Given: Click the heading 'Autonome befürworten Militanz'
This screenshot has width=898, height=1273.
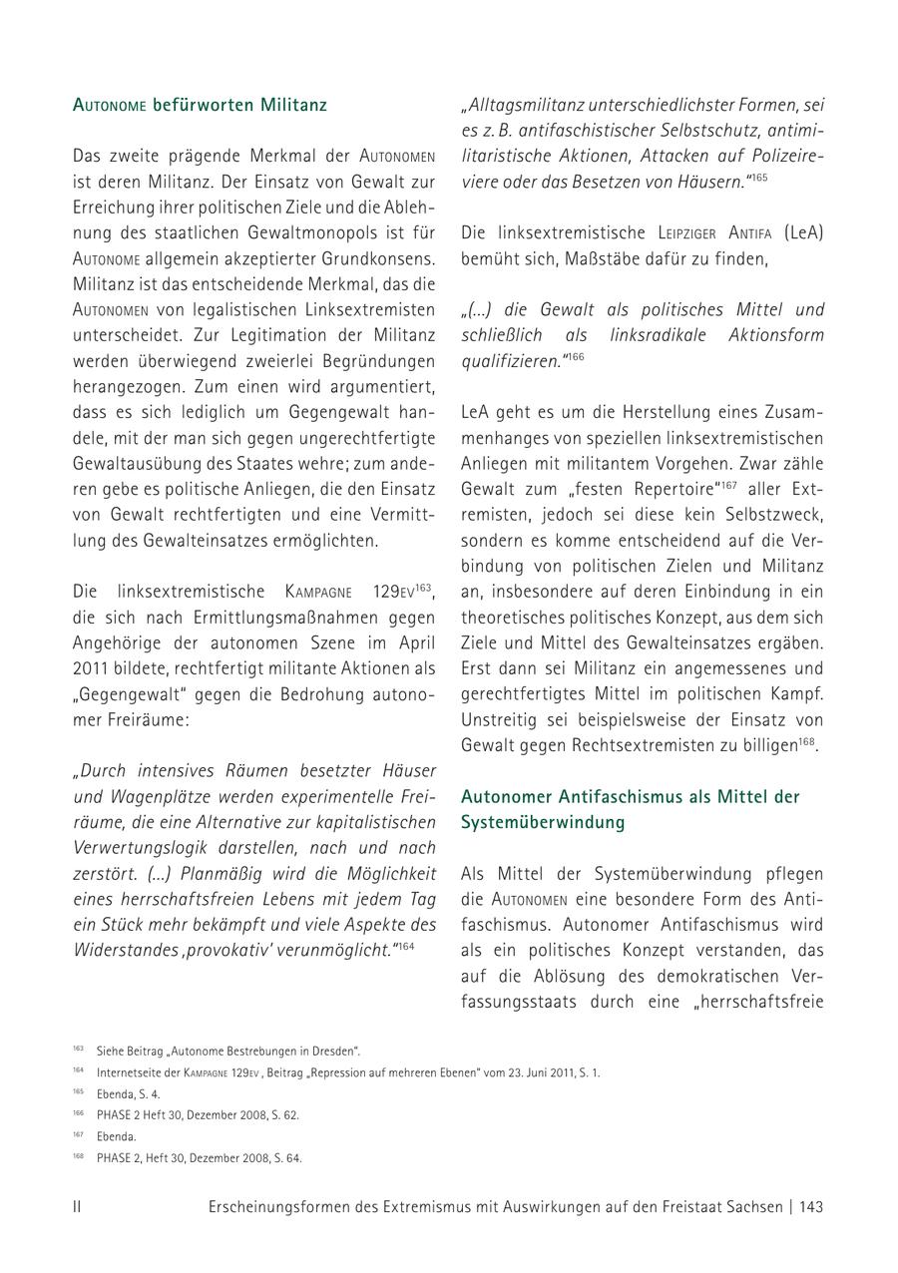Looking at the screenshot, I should click(x=200, y=105).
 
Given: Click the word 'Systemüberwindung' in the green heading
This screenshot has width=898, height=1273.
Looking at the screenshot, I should click(x=543, y=822).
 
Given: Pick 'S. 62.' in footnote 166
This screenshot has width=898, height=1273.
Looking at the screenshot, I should click(x=282, y=1115).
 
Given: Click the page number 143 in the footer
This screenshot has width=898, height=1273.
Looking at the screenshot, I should click(x=810, y=1206).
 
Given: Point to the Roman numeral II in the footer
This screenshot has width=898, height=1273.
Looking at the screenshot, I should click(x=77, y=1206).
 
